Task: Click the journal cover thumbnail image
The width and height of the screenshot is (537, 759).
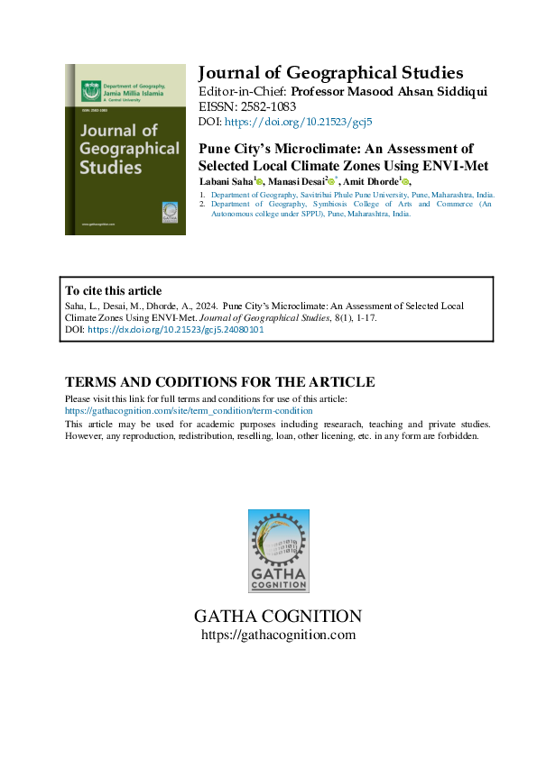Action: (x=125, y=149)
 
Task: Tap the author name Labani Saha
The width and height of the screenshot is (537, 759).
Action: (x=225, y=182)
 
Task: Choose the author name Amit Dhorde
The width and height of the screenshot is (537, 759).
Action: (x=368, y=182)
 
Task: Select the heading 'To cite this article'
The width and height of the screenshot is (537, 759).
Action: (x=114, y=290)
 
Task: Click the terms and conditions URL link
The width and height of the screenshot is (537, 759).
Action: (x=189, y=410)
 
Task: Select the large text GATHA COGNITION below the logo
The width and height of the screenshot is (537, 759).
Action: (x=278, y=617)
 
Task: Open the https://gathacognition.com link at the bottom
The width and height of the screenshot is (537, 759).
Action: (x=278, y=635)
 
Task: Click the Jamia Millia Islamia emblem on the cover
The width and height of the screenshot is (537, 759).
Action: (x=89, y=91)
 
